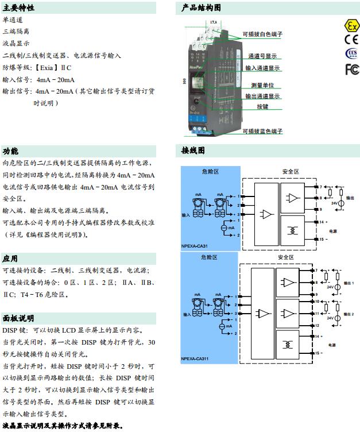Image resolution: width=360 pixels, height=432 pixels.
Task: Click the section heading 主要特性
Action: (18, 8)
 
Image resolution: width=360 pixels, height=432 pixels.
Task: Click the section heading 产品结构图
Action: (201, 8)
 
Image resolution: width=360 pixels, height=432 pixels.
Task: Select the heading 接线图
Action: (193, 151)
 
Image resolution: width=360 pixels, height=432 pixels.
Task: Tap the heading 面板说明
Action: (18, 318)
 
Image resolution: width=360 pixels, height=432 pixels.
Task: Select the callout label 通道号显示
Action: (262, 56)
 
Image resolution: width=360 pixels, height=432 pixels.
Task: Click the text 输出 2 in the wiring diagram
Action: (349, 314)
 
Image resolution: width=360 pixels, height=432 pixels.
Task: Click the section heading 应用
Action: (10, 259)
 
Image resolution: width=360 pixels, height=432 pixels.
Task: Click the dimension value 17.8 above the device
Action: (214, 21)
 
